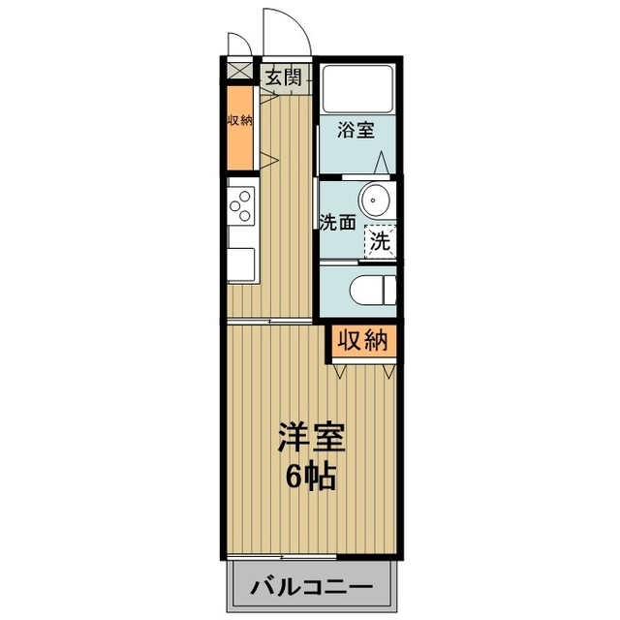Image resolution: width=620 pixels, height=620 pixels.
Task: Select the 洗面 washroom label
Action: [x=338, y=221]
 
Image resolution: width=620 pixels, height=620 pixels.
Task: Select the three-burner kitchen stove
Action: [x=241, y=203]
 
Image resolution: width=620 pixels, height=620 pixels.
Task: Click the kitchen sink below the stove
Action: [x=241, y=264]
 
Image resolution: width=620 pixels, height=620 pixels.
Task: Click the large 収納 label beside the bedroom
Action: [x=362, y=341]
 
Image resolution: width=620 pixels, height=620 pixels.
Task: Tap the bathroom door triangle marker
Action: [x=385, y=162]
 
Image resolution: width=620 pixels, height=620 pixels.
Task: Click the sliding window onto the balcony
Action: [x=281, y=556]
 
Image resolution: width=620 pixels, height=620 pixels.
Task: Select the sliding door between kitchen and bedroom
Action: [x=271, y=320]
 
